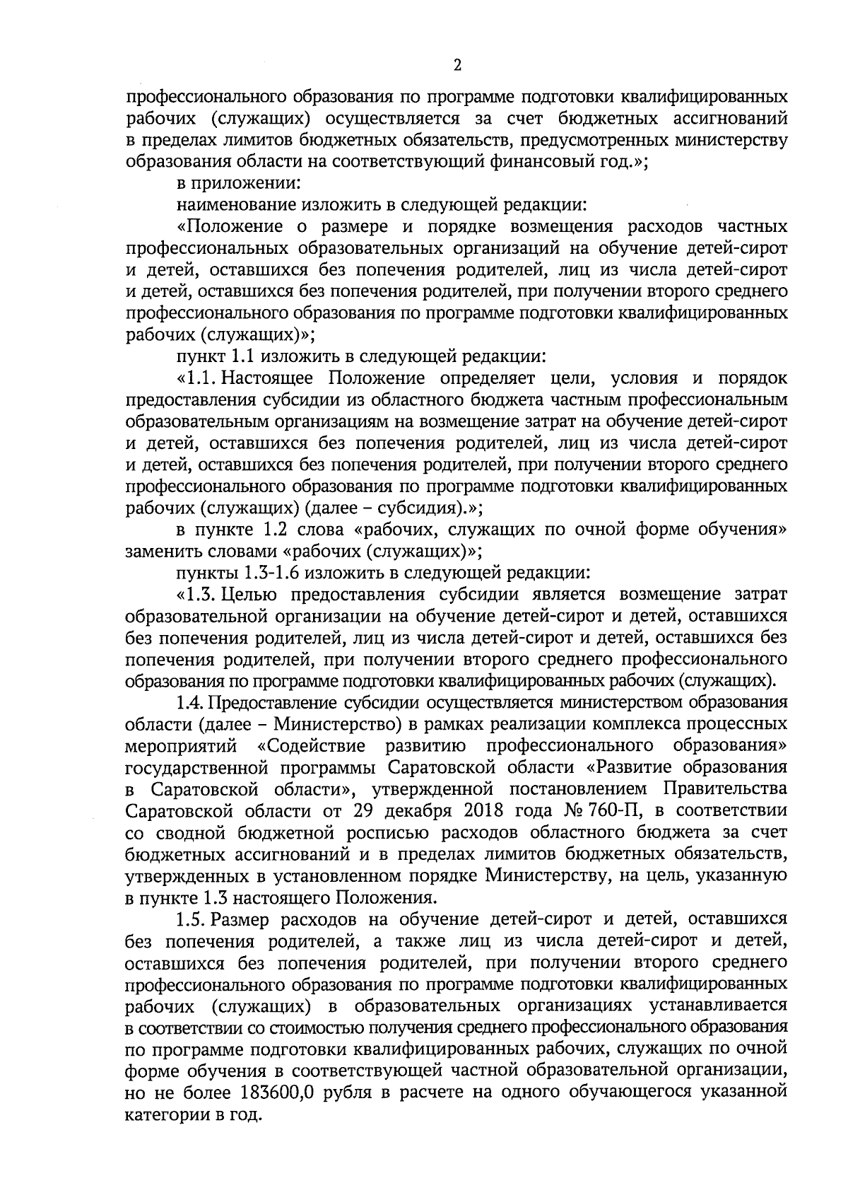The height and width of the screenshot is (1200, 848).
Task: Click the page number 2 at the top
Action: (457, 66)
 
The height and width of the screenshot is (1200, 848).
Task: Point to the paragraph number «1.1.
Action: (198, 378)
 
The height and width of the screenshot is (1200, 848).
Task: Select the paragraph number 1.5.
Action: (190, 919)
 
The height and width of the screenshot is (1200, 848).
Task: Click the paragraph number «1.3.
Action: (198, 595)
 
